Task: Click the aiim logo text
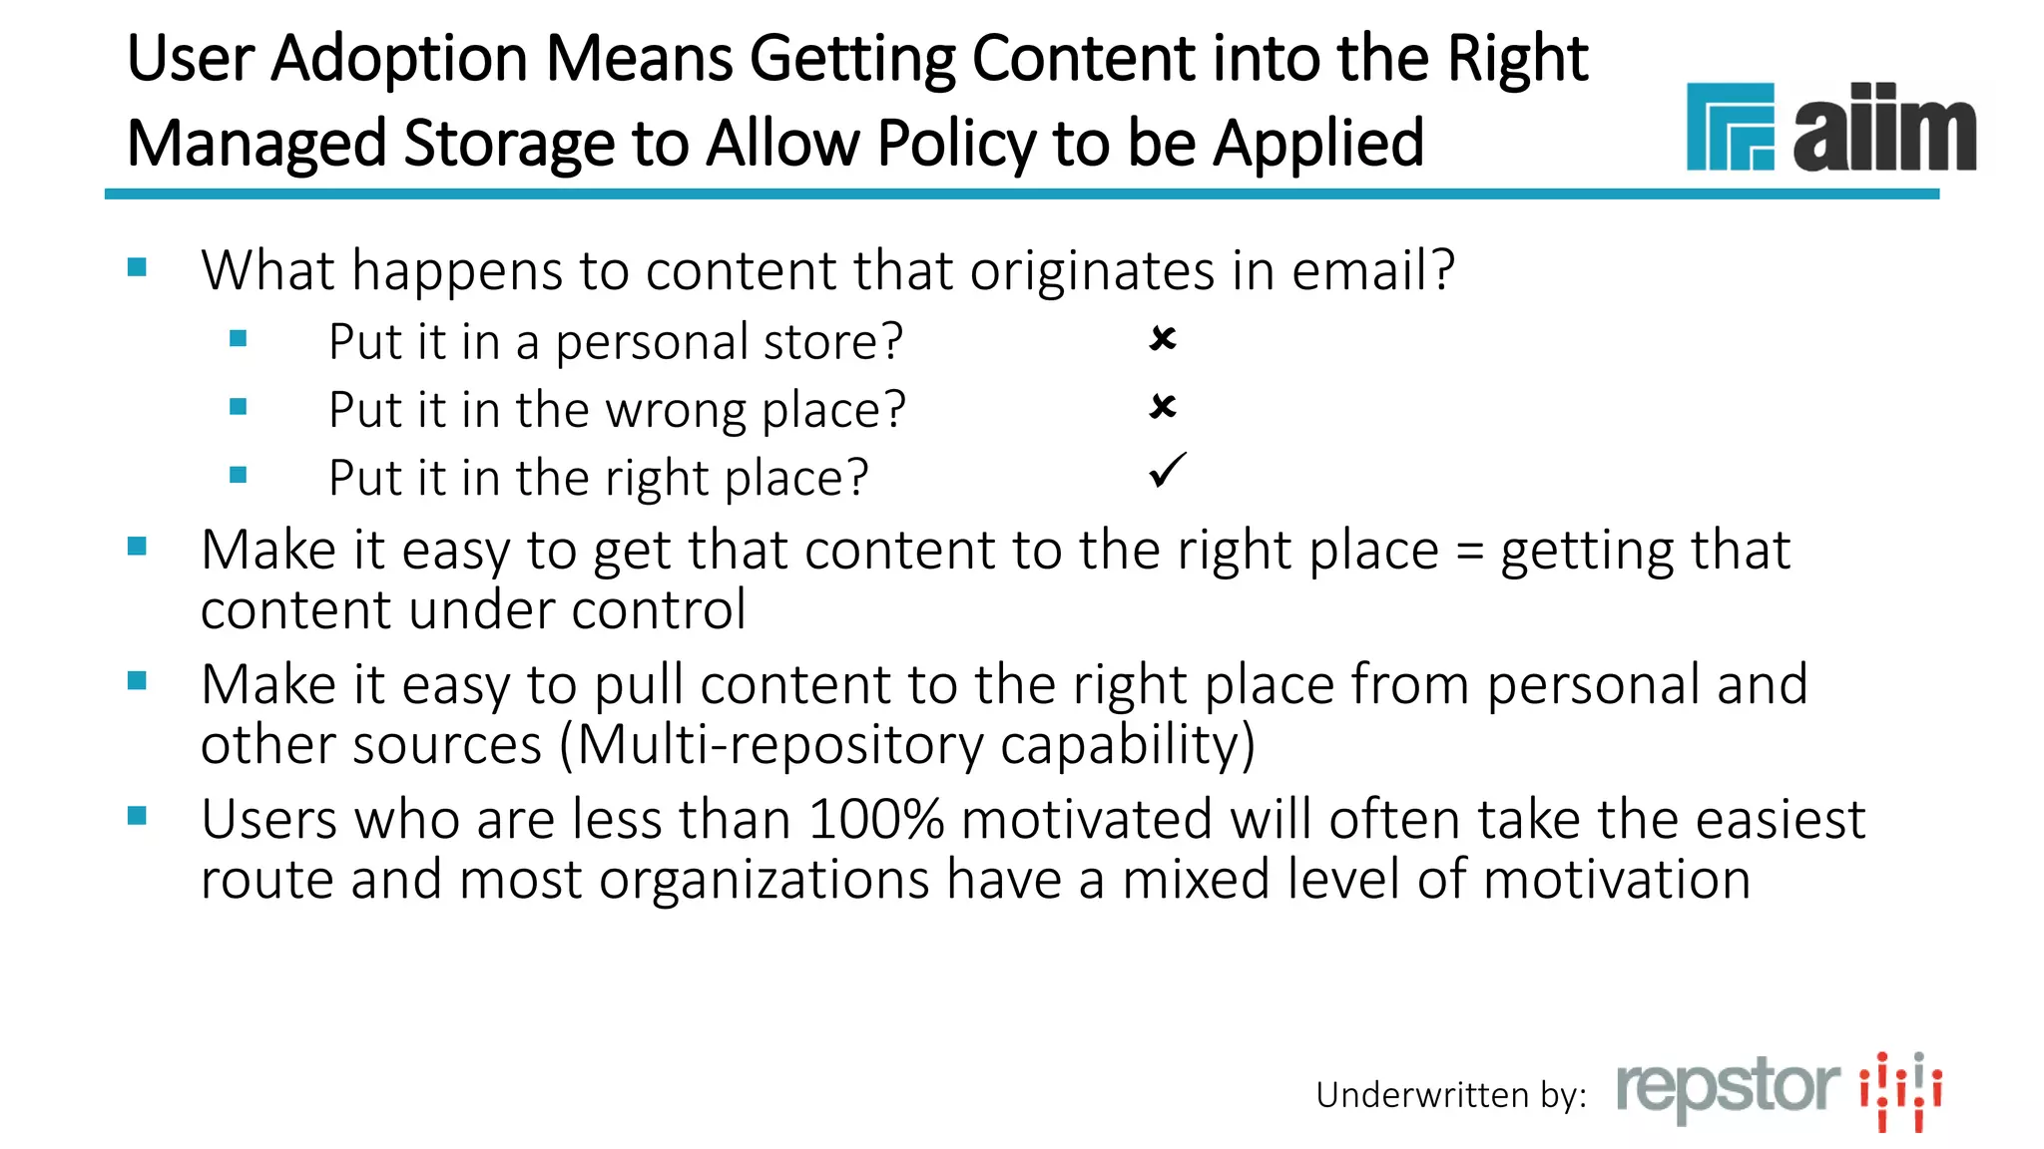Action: (1883, 130)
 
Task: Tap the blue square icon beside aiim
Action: (1730, 127)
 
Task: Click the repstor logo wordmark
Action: (1728, 1088)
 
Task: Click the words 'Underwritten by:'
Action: (1450, 1095)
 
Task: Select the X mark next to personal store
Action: (1163, 339)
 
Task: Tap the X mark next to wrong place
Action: (1163, 407)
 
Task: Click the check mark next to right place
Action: (1167, 471)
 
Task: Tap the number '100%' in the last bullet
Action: (875, 820)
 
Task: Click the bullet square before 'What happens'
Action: (138, 267)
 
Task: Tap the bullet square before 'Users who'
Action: (138, 817)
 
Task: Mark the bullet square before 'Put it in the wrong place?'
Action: (238, 406)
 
